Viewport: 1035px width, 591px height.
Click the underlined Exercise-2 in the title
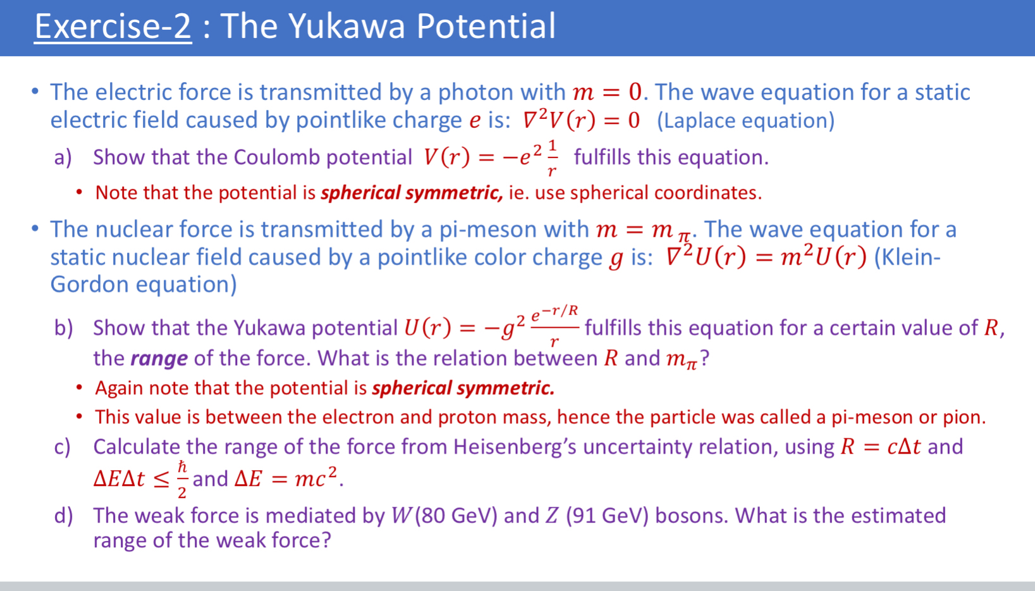click(113, 27)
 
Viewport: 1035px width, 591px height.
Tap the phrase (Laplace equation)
click(745, 120)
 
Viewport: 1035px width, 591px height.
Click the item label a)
click(63, 157)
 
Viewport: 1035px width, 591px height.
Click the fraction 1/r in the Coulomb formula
click(552, 158)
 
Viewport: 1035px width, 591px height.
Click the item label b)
click(63, 328)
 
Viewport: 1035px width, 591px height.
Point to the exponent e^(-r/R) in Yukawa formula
click(554, 313)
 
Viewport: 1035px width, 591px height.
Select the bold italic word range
click(159, 359)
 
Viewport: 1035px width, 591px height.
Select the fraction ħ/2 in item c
click(182, 479)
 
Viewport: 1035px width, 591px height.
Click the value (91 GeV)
click(607, 516)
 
